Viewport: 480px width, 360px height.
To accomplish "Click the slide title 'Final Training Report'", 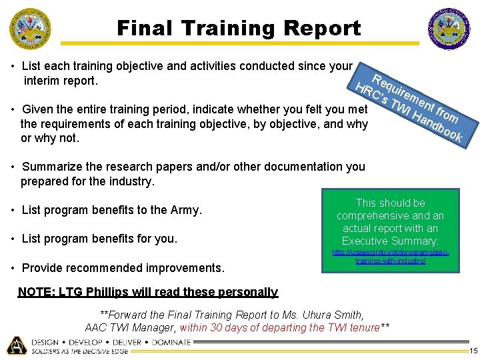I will (239, 28).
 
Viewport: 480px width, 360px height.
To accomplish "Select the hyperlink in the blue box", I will (391, 257).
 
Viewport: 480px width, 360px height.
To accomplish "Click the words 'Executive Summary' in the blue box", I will (390, 241).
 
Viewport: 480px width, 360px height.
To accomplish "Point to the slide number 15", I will (473, 351).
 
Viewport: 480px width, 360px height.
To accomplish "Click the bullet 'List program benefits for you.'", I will (99, 239).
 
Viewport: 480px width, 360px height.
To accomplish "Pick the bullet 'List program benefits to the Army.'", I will (111, 210).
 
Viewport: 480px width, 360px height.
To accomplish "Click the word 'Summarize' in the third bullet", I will (51, 167).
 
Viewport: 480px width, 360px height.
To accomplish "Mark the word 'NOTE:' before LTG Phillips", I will (37, 292).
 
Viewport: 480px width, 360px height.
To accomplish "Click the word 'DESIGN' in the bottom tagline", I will (44, 342).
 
